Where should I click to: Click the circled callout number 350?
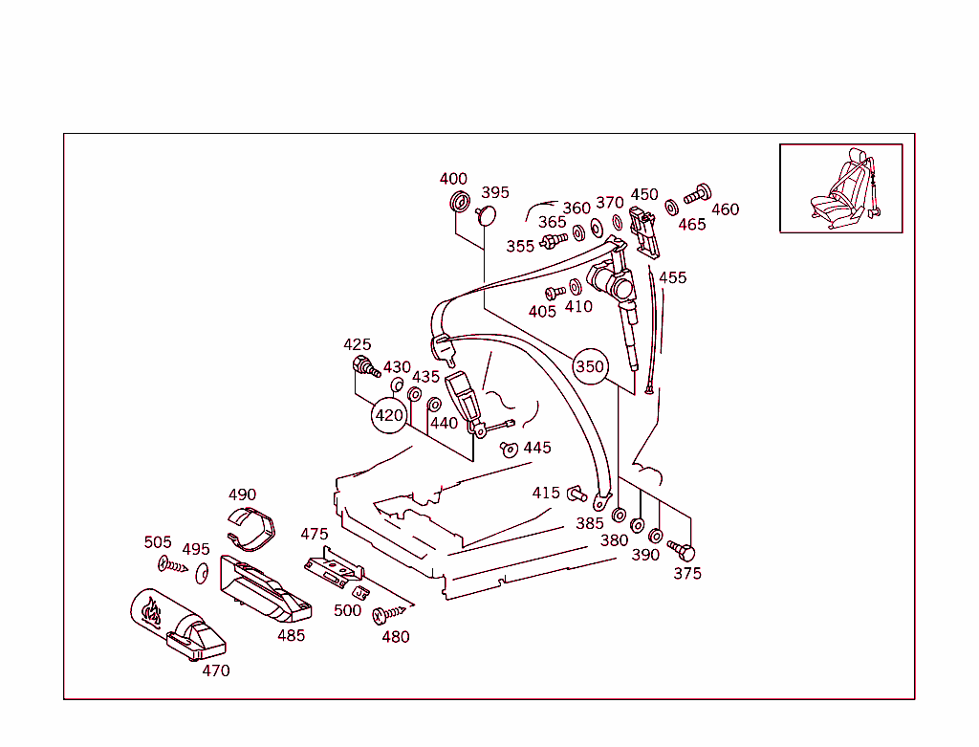[x=590, y=366]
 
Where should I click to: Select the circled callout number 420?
[x=389, y=415]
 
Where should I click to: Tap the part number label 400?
[x=453, y=179]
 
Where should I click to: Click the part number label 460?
[x=725, y=209]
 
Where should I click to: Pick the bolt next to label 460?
[x=698, y=192]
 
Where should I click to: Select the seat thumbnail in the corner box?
[x=841, y=188]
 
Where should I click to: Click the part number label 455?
[x=672, y=277]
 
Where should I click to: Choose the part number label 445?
[x=536, y=448]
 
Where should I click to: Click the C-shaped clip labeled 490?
[x=253, y=529]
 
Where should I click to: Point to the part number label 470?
[x=216, y=670]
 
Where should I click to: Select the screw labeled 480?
[x=392, y=614]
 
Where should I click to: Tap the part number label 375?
[x=686, y=573]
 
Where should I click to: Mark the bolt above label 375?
[x=682, y=551]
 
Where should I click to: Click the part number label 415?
[x=546, y=493]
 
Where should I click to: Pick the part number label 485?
[x=291, y=635]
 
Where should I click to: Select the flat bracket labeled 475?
[x=335, y=567]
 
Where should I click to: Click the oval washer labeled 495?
[x=201, y=573]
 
